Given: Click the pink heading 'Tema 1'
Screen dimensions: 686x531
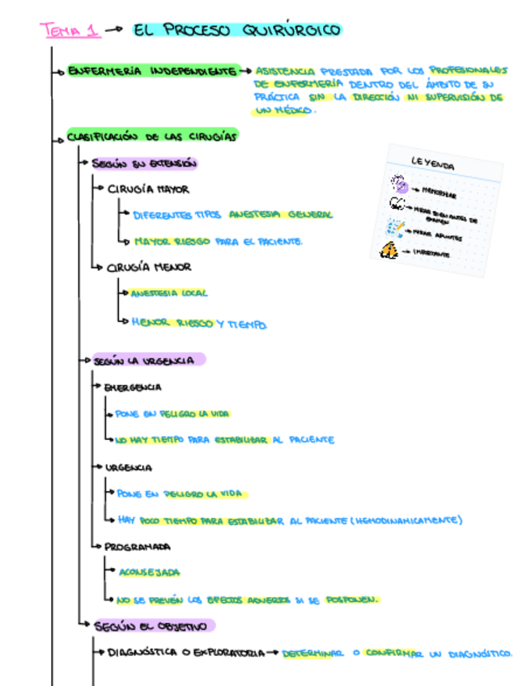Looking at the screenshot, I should coord(70,31).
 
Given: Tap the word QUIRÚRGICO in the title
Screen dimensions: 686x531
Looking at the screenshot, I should coord(290,31).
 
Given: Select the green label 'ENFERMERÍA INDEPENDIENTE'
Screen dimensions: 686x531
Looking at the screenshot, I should coord(152,71).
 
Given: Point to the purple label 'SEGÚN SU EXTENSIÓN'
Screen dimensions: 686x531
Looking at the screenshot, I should coord(144,163).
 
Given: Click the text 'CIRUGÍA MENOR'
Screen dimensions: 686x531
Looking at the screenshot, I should coord(149,267).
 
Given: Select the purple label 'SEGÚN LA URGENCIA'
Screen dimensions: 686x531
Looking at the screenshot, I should coord(144,361).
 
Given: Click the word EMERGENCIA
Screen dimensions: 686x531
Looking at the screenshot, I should coord(133,387).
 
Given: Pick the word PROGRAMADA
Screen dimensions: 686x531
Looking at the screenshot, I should coord(138,546).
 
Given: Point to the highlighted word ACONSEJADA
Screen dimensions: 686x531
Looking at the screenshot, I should coord(150,572).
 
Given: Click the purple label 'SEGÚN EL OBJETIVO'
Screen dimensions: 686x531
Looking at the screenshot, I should coord(154,625).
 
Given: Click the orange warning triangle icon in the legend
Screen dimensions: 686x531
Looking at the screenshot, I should coord(389,251).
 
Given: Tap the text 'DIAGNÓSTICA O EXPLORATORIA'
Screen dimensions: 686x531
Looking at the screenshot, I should coord(185,652).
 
